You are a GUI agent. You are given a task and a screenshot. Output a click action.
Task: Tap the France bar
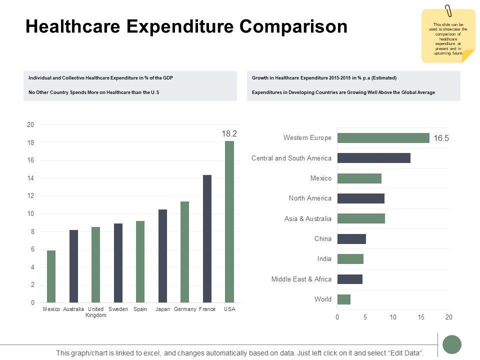(x=207, y=238)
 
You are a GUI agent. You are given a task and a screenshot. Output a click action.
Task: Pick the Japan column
(x=162, y=255)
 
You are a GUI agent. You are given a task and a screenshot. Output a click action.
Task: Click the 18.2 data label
(x=229, y=133)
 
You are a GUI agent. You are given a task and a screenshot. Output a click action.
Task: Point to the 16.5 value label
(x=441, y=139)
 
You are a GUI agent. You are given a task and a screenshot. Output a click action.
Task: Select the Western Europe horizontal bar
(x=383, y=138)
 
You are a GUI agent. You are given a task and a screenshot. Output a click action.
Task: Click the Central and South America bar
(x=373, y=158)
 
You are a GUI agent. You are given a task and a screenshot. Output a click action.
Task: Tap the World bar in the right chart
(x=344, y=299)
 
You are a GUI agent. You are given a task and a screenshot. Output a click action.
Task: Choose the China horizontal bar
(x=351, y=239)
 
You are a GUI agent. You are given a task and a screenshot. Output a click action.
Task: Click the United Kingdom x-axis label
(x=95, y=312)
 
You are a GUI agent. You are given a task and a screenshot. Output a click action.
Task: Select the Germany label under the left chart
(x=185, y=309)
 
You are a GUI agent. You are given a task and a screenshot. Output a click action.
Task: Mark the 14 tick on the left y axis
(x=30, y=178)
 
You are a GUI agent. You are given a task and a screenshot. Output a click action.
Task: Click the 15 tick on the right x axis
(x=421, y=317)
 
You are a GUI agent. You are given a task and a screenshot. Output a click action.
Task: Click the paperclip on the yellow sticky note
(x=448, y=10)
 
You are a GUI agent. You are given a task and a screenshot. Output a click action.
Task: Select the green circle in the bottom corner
(x=452, y=344)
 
